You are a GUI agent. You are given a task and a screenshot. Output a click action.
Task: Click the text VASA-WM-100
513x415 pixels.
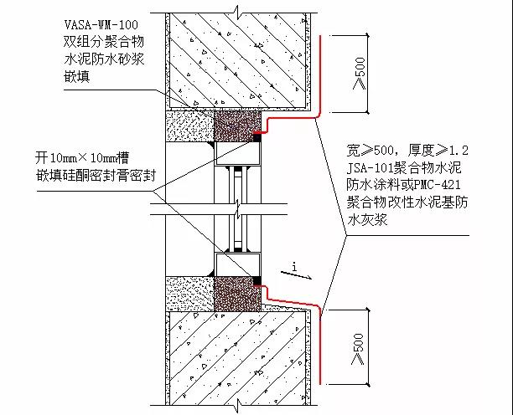[101, 25]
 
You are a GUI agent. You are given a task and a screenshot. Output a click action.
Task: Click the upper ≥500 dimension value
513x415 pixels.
[359, 74]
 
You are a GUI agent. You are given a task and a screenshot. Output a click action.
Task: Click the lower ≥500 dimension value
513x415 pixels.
[358, 349]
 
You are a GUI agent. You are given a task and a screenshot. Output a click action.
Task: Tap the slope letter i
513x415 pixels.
[295, 267]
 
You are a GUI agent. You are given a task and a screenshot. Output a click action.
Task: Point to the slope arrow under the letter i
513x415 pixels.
[297, 275]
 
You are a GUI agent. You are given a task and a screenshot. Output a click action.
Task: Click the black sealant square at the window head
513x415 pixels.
[257, 138]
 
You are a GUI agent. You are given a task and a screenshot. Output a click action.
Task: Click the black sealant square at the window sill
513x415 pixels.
[257, 280]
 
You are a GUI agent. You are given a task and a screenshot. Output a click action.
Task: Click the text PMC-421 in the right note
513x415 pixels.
[437, 185]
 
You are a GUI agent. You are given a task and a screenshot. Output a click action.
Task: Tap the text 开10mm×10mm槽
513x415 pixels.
[82, 158]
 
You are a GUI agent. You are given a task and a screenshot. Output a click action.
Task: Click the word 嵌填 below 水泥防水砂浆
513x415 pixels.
[77, 77]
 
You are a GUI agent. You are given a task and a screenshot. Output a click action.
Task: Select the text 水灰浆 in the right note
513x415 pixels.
[367, 220]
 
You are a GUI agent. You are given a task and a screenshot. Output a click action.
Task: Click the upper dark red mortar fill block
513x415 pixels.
[237, 126]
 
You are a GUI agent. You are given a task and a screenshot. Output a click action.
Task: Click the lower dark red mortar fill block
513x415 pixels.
[237, 294]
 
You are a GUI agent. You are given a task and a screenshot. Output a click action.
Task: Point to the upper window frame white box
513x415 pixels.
[237, 153]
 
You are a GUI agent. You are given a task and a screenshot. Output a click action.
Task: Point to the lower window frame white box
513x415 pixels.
[237, 264]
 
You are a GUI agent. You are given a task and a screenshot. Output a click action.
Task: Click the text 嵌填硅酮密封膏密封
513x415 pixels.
[96, 176]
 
